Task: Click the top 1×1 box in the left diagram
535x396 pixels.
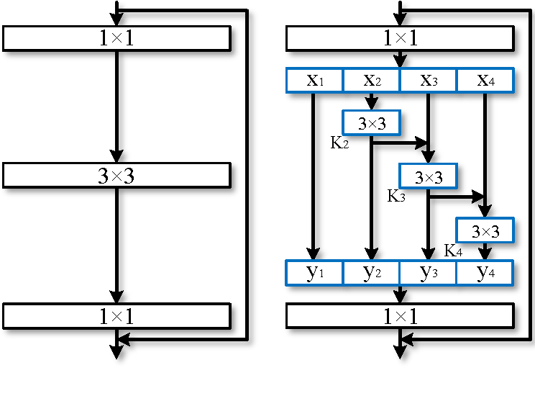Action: [116, 38]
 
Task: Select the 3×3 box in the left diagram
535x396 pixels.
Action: [116, 176]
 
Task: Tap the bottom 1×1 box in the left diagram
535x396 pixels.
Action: [116, 316]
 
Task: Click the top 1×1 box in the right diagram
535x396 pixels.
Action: [400, 38]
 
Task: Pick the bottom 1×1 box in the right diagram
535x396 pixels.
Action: [400, 316]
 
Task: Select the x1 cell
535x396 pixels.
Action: [314, 80]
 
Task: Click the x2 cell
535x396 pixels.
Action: [371, 80]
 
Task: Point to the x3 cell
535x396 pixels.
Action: [428, 80]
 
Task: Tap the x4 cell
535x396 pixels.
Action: [485, 80]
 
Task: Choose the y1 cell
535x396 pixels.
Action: [314, 273]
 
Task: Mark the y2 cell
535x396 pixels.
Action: [371, 273]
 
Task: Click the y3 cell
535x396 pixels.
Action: [428, 273]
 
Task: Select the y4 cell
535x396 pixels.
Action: [485, 273]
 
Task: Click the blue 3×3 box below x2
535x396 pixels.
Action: [371, 123]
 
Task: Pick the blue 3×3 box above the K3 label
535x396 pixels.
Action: [428, 176]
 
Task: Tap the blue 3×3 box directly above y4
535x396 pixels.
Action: [485, 231]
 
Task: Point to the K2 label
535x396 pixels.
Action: [339, 143]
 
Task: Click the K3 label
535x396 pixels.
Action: [396, 196]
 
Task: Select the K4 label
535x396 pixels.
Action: [453, 251]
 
